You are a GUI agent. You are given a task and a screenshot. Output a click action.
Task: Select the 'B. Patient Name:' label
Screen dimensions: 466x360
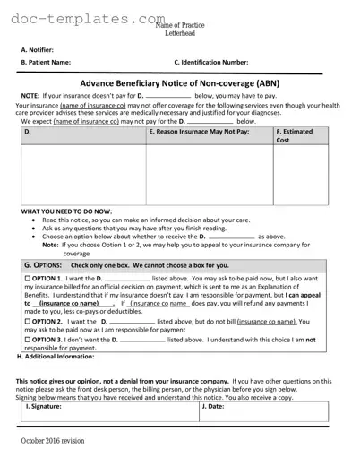(x=46, y=63)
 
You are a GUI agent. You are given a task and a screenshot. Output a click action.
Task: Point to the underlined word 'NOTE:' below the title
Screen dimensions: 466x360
(x=30, y=95)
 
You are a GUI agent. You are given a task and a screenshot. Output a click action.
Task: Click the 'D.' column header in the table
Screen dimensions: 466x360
(x=27, y=131)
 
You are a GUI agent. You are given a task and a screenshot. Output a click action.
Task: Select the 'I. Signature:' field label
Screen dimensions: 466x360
(x=44, y=406)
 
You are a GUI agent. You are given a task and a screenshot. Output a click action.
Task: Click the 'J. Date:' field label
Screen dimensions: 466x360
(x=212, y=406)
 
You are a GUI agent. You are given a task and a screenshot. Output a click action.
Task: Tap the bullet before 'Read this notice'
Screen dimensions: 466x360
(x=34, y=220)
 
